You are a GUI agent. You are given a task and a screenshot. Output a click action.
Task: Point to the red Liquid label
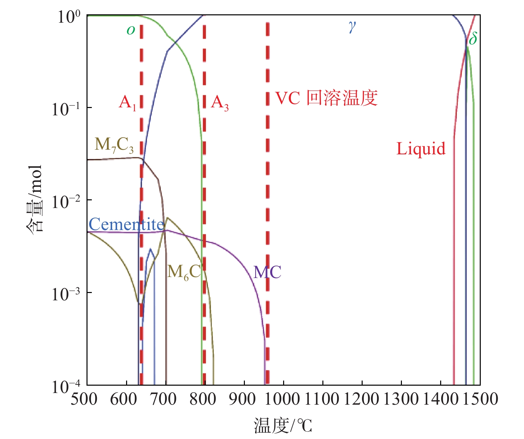tap(421, 149)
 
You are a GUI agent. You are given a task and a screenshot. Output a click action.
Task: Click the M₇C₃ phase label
tap(114, 145)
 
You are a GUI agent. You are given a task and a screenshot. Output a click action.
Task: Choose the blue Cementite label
tap(126, 224)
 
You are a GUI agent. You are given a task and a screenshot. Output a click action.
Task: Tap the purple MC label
tap(267, 272)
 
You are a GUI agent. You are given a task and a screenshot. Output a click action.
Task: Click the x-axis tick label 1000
tap(284, 399)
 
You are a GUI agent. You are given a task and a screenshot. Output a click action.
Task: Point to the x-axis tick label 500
tap(84, 399)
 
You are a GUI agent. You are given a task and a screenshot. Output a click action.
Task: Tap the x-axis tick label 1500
tap(480, 399)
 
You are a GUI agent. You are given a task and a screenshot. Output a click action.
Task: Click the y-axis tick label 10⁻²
tap(66, 201)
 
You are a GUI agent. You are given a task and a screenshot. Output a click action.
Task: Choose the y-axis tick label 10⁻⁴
tap(66, 386)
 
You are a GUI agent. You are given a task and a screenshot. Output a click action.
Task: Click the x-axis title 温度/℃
tap(283, 425)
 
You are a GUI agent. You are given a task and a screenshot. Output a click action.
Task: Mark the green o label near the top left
tap(131, 30)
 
